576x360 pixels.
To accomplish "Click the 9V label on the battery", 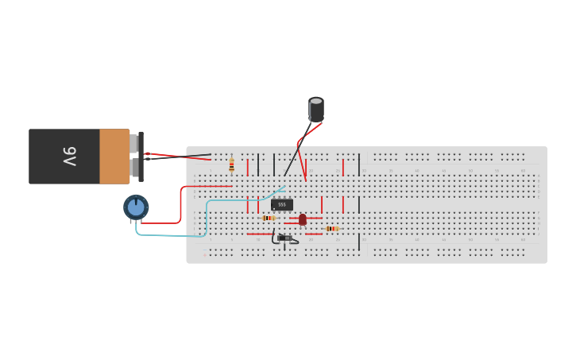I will coord(69,157).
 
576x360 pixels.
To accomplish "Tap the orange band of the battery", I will coord(114,157).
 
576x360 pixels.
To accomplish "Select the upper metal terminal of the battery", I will coord(134,143).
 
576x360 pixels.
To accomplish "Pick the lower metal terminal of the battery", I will coord(134,169).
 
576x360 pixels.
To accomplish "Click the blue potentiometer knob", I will coord(136,207).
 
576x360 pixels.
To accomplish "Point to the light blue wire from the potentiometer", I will coord(171,236).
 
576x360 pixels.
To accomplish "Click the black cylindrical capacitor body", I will coord(316,110).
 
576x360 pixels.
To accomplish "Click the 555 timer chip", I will coord(282,204).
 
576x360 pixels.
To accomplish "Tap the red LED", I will coord(303,219).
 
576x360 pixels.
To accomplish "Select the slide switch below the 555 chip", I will coord(284,238).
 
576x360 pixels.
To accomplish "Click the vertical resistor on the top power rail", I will coord(231,165).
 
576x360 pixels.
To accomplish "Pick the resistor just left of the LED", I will coord(269,218).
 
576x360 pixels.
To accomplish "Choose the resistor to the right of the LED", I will coord(332,229).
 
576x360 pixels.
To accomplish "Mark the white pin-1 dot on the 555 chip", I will coord(273,208).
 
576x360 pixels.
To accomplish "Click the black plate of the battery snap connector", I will coord(141,157).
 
